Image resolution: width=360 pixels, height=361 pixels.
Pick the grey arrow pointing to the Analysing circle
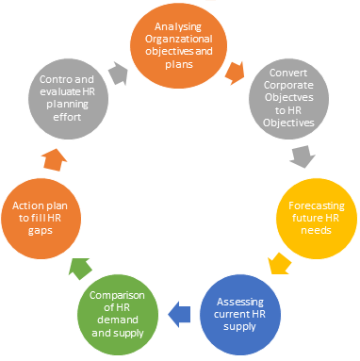[x=119, y=71]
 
